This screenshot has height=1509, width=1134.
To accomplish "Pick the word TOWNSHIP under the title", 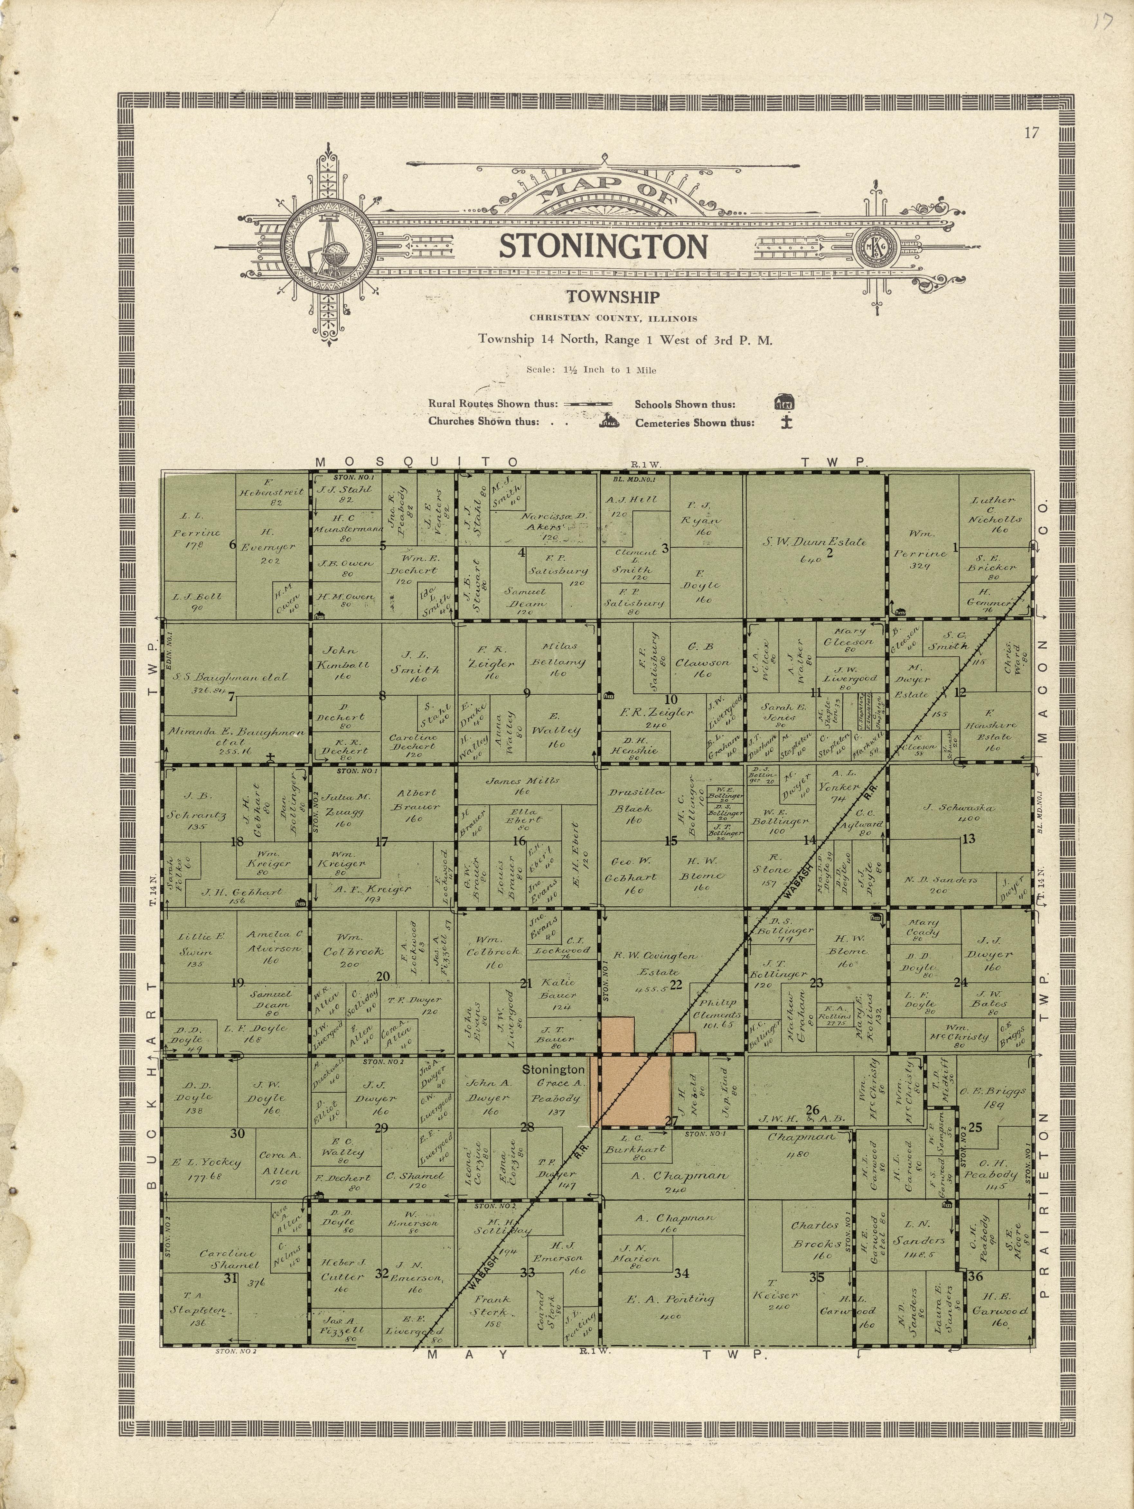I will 612,297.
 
